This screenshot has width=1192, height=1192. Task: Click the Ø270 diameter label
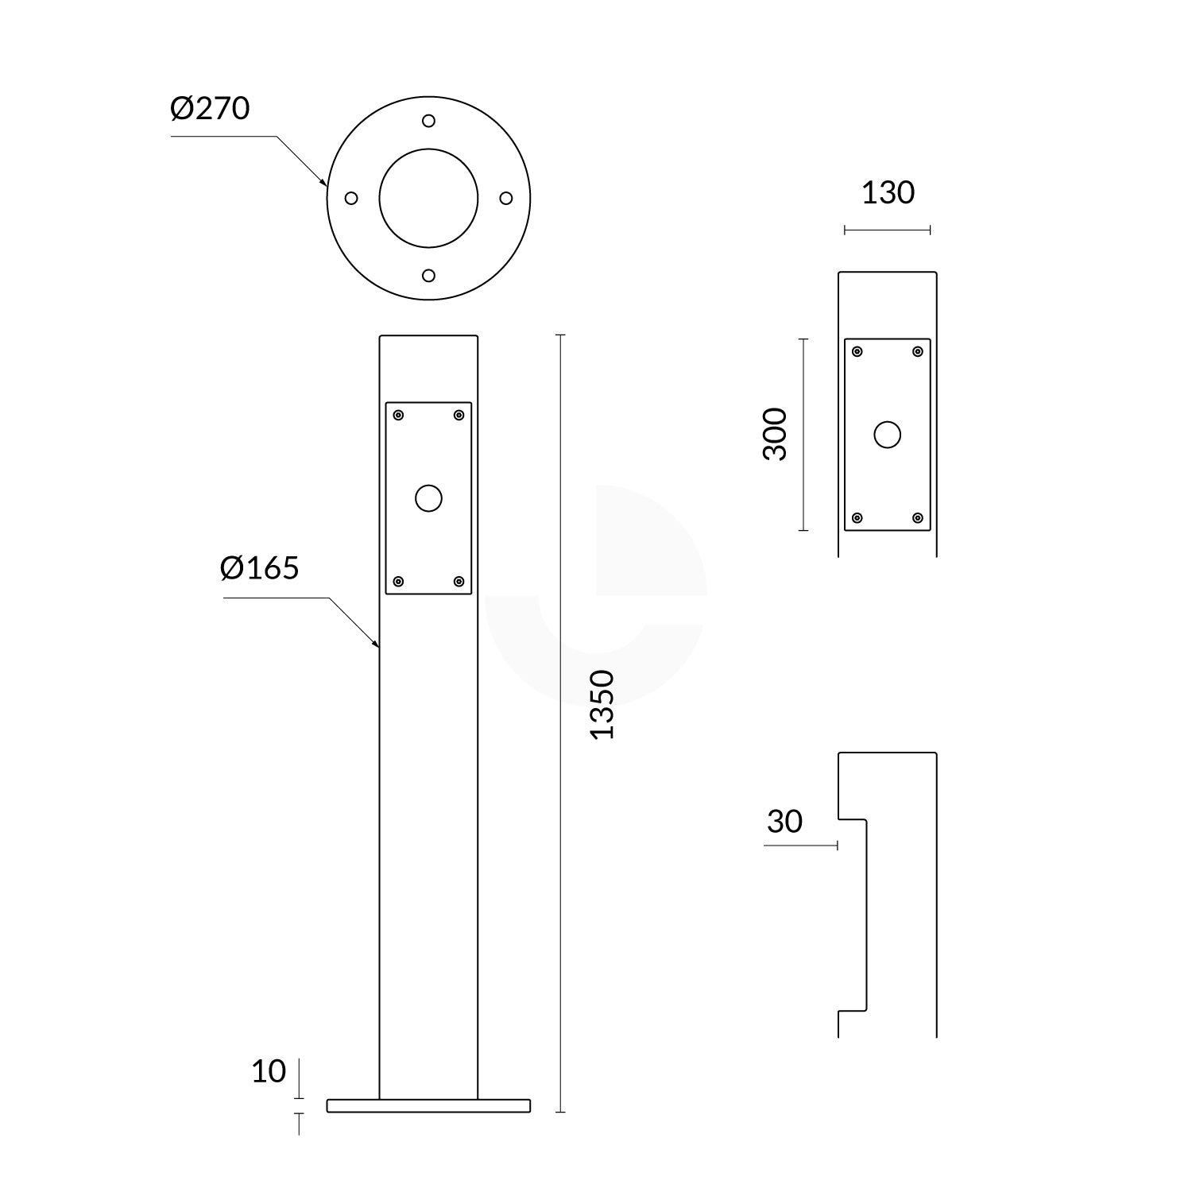pyautogui.click(x=211, y=108)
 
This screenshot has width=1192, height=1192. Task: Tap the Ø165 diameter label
pyautogui.click(x=260, y=568)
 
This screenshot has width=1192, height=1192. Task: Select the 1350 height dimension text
pyautogui.click(x=603, y=705)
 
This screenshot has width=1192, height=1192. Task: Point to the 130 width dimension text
pyautogui.click(x=888, y=193)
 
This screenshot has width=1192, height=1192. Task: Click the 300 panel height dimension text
pyautogui.click(x=775, y=434)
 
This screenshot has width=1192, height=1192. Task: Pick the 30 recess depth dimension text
pyautogui.click(x=785, y=822)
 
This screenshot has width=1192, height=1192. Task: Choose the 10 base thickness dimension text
pyautogui.click(x=269, y=1072)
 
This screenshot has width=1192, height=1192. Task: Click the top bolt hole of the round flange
pyautogui.click(x=428, y=121)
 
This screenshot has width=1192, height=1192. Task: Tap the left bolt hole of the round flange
pyautogui.click(x=351, y=198)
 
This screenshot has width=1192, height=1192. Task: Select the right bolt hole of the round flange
pyautogui.click(x=505, y=198)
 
